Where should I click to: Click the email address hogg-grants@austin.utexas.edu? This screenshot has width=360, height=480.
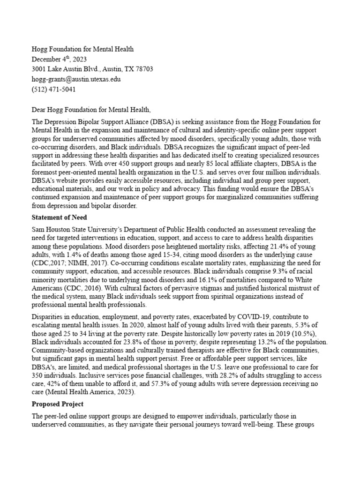click(x=76, y=79)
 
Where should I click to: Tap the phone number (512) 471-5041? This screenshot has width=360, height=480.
click(x=53, y=89)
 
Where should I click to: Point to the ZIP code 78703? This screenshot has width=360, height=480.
click(x=143, y=69)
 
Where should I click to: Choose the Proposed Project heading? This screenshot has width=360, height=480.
click(x=57, y=404)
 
